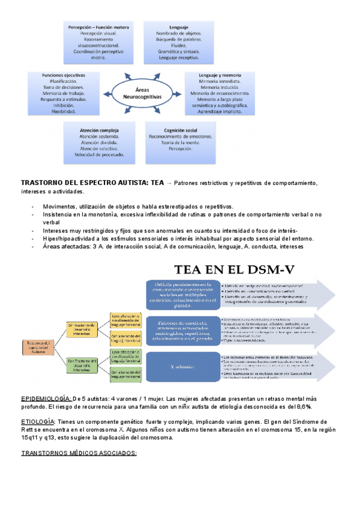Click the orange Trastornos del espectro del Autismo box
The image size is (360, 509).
click(39, 346)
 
